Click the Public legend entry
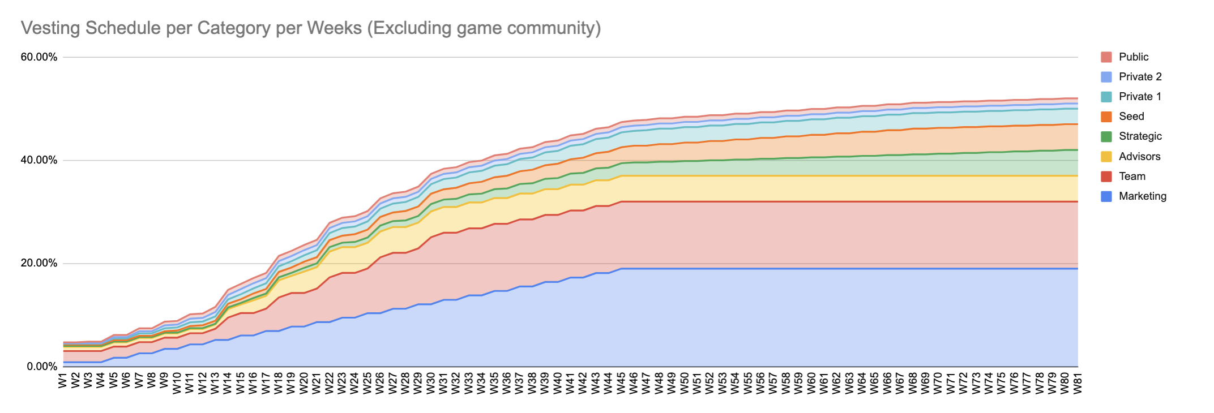(x=1133, y=57)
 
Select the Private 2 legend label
(x=1140, y=76)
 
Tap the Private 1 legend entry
(x=1140, y=96)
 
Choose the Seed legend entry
(x=1131, y=116)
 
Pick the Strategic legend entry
(x=1140, y=136)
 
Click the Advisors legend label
(x=1139, y=156)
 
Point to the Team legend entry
(x=1132, y=176)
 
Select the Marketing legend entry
(x=1142, y=196)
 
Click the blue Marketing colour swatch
(x=1106, y=196)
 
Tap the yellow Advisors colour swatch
(x=1106, y=157)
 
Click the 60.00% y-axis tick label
(x=39, y=57)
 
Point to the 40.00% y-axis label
(x=39, y=160)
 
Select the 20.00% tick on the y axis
(x=39, y=263)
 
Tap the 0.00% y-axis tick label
(x=42, y=367)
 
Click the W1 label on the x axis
(x=63, y=380)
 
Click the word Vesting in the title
(x=51, y=28)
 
